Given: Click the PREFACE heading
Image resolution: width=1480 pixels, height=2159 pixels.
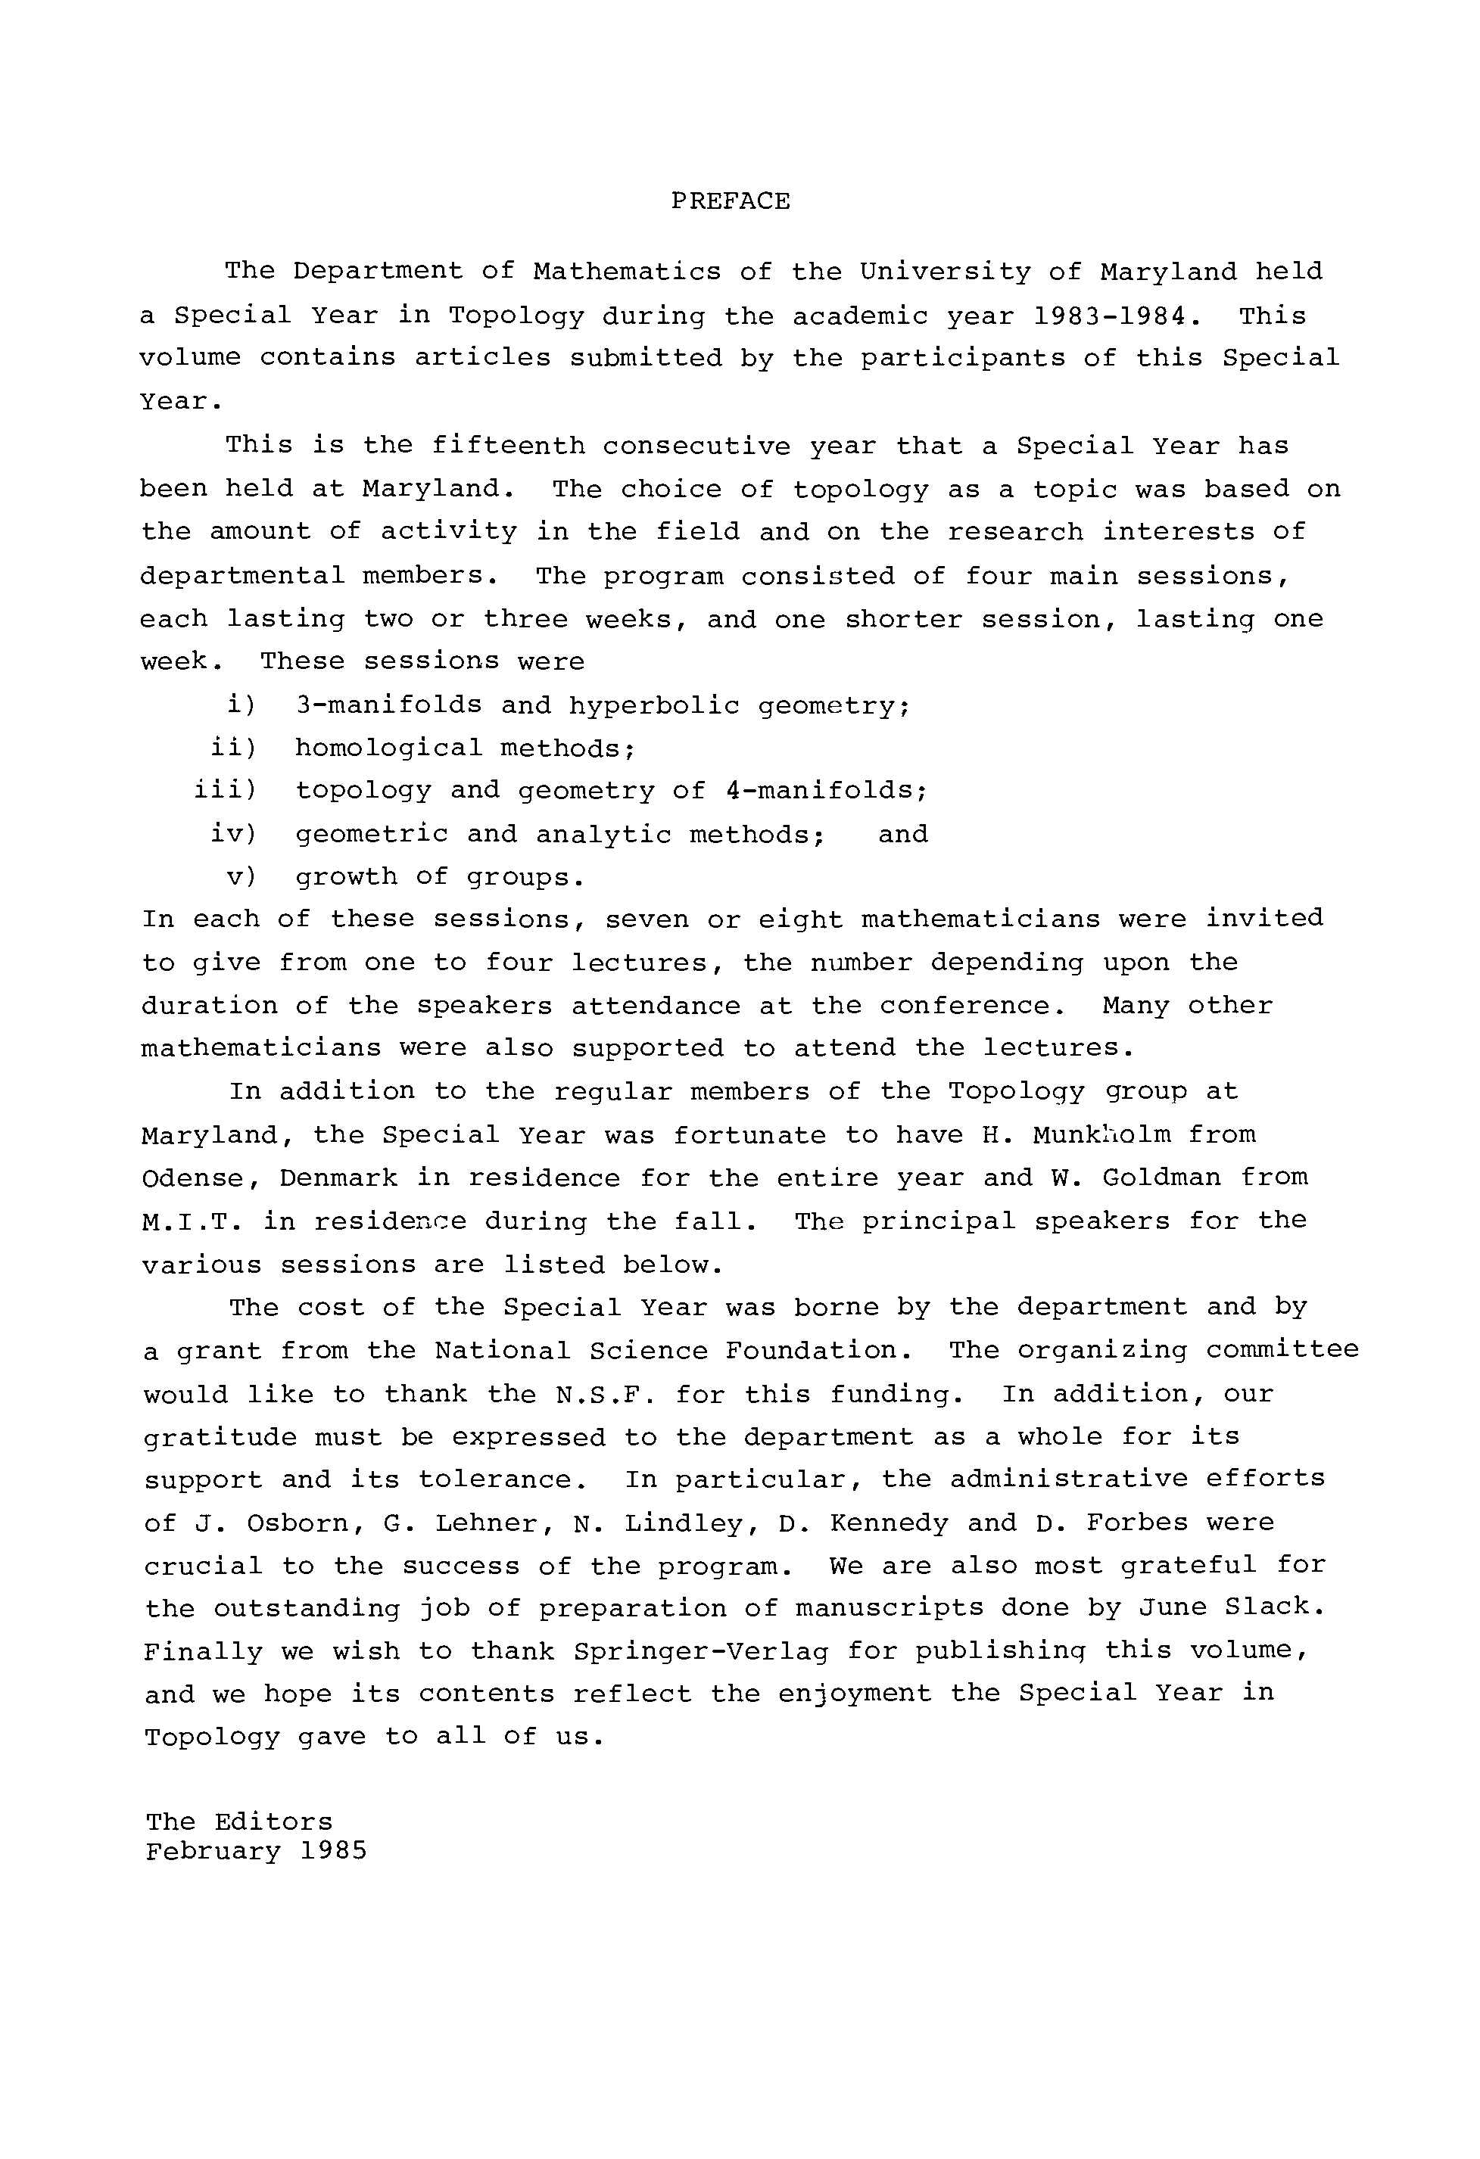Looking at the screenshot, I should click(731, 201).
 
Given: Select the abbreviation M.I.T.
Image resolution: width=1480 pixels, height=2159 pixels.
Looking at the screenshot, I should click(192, 1221).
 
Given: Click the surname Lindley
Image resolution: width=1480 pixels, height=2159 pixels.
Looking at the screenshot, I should click(687, 1523).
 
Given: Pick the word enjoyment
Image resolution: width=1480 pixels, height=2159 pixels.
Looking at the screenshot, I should click(855, 1694).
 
